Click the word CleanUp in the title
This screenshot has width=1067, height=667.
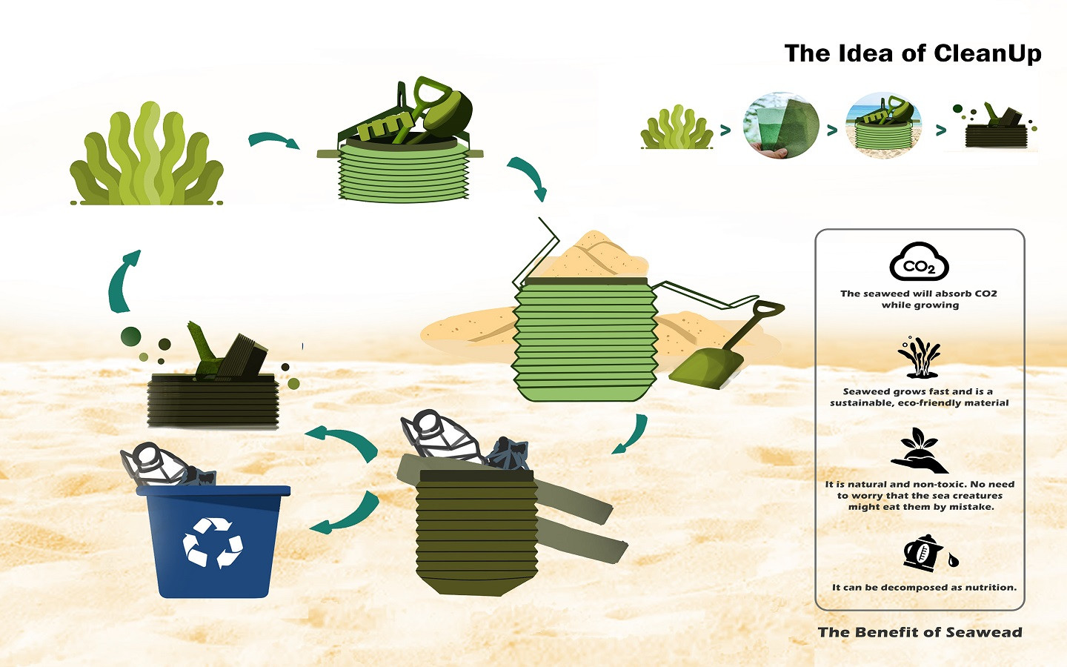pyautogui.click(x=987, y=53)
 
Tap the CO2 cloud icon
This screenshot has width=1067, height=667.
pyautogui.click(x=919, y=262)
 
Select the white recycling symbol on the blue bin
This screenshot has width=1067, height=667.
pyautogui.click(x=213, y=542)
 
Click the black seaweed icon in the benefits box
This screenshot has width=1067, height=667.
pyautogui.click(x=919, y=357)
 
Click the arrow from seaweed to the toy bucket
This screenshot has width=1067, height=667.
pyautogui.click(x=273, y=140)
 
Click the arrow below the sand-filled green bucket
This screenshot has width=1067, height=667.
pyautogui.click(x=631, y=434)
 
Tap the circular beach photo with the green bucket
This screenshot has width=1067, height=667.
pyautogui.click(x=884, y=125)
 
